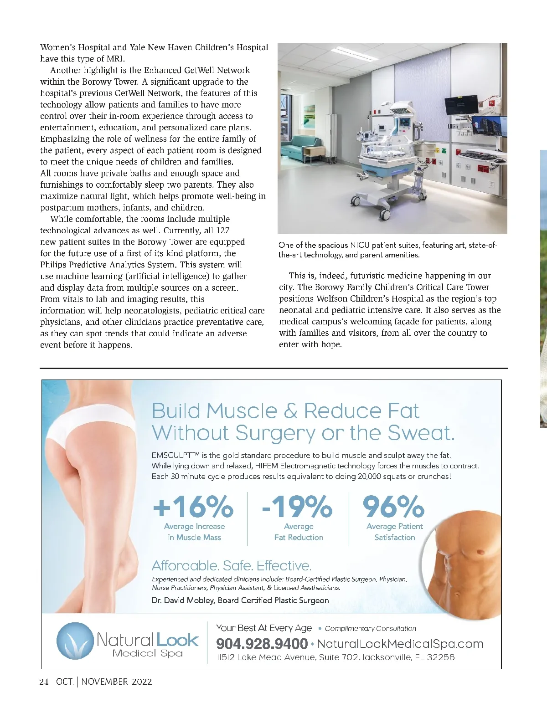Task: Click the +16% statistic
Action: pyautogui.click(x=193, y=506)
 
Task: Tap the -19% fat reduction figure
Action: pyautogui.click(x=297, y=506)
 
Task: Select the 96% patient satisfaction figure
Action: pyautogui.click(x=393, y=506)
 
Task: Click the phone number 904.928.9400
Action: pyautogui.click(x=262, y=644)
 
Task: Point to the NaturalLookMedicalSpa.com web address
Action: pyautogui.click(x=400, y=644)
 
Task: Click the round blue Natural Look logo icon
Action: pyautogui.click(x=75, y=641)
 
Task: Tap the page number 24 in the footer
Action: pyautogui.click(x=44, y=682)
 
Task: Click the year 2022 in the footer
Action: pyautogui.click(x=142, y=682)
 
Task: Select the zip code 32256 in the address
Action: pyautogui.click(x=441, y=657)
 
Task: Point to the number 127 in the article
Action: pyautogui.click(x=223, y=231)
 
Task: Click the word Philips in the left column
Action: pyautogui.click(x=54, y=265)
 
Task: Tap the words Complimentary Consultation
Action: pyautogui.click(x=370, y=629)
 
